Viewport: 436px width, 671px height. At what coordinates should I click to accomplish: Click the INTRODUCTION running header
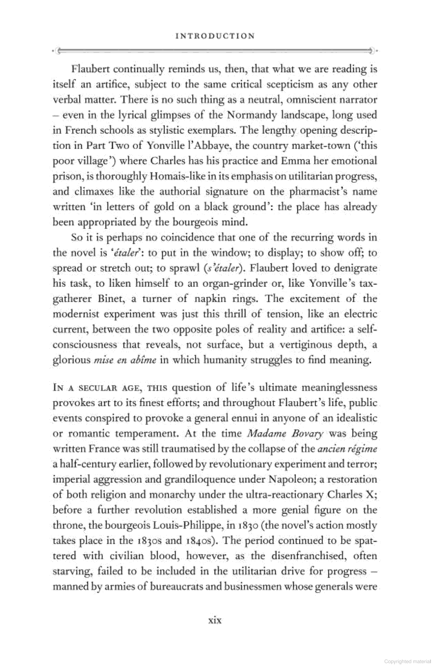215,36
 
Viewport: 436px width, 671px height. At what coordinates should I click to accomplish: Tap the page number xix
215,620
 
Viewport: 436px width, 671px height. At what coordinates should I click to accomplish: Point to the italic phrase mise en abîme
124,360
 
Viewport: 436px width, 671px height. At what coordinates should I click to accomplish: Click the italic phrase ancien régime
347,449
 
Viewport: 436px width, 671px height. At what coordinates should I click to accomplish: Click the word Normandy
252,115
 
